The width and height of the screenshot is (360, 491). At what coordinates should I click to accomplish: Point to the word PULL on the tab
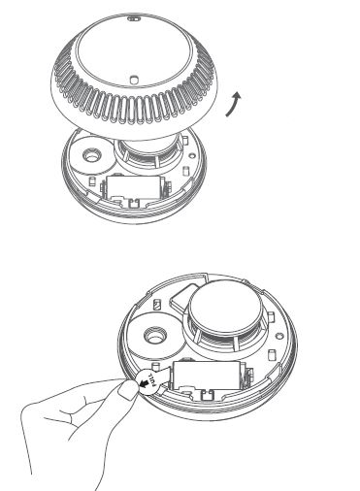coord(155,380)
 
